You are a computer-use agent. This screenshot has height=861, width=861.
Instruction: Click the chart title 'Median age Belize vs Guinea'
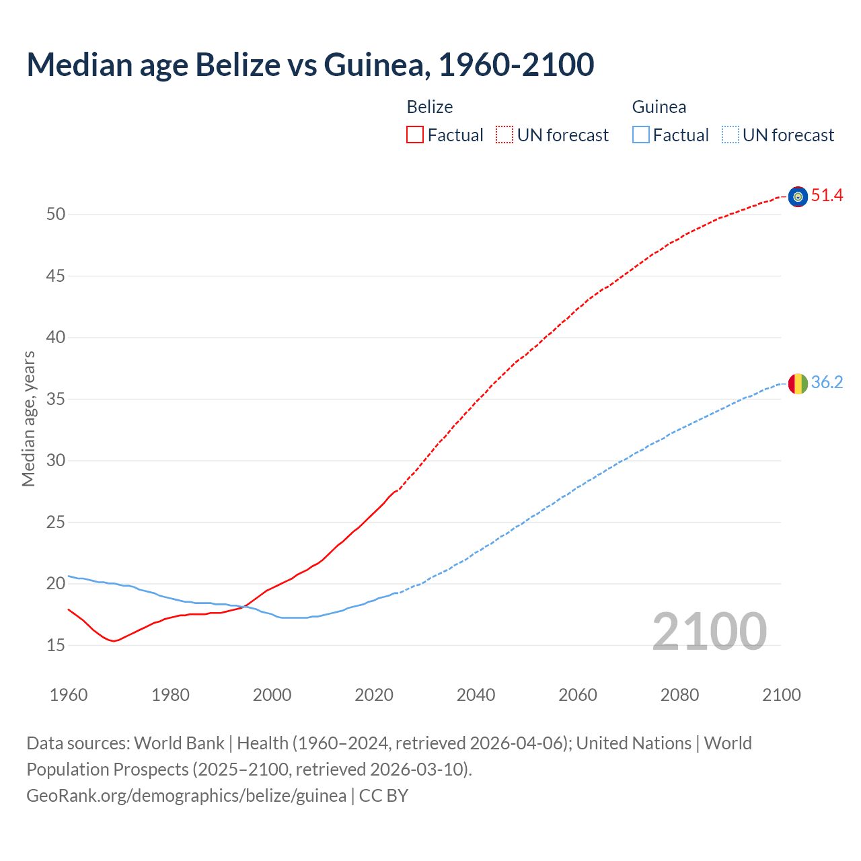point(310,65)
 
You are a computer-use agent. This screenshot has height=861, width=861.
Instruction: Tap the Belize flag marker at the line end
point(798,196)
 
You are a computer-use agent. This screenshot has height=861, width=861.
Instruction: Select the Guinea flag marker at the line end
point(798,383)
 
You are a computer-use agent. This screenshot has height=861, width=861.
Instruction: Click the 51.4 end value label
point(827,196)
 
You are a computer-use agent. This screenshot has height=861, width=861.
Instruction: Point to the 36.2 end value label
point(827,383)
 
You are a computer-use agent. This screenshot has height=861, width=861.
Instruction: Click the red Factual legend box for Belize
point(415,135)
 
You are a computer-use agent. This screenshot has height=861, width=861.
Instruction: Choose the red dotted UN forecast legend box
point(504,135)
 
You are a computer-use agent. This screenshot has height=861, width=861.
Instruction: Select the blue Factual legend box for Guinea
point(640,135)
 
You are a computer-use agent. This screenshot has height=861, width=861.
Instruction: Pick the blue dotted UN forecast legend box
point(730,135)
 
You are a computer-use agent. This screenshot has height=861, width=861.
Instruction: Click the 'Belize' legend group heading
point(430,107)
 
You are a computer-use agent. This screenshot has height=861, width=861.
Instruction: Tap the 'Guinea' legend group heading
point(659,107)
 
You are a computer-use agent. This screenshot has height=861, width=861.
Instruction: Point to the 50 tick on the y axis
point(56,215)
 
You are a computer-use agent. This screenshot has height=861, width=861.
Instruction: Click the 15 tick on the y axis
point(56,645)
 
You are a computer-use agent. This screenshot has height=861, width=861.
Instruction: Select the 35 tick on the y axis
point(56,399)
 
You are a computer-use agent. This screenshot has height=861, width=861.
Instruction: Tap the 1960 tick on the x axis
point(69,695)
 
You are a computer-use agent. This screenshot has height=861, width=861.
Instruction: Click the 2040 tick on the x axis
point(476,695)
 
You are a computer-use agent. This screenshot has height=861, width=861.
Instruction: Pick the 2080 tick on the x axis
point(679,695)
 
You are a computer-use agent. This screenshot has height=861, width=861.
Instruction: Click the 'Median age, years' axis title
point(28,418)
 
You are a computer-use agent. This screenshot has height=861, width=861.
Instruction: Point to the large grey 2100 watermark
point(709,632)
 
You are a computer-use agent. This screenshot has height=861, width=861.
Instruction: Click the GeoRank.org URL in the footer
point(186,796)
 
